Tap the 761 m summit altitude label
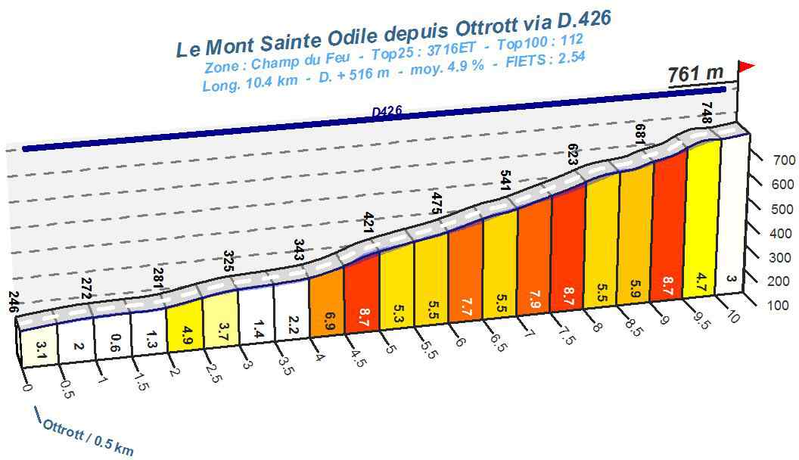695,74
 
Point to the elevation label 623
573,154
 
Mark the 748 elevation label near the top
707,113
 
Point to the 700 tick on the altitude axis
783,160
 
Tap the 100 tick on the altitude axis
783,305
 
